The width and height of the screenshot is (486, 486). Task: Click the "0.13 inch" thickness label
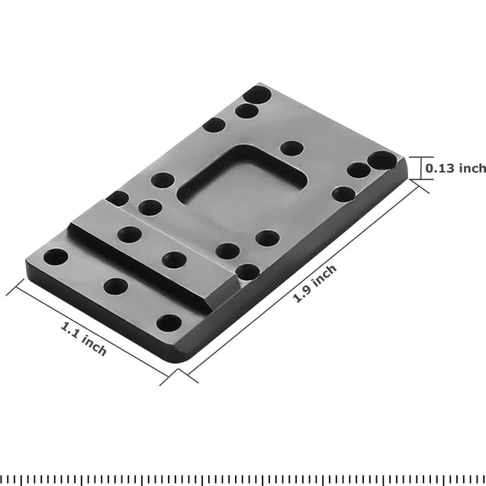tap(455, 168)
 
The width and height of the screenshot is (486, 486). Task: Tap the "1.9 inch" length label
tap(315, 283)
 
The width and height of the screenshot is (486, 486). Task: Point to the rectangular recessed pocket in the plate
tap(243, 187)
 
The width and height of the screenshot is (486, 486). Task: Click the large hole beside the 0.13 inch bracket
tap(379, 161)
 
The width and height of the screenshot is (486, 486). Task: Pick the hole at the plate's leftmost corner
tap(54, 256)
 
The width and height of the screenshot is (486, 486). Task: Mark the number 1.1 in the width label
tap(72, 330)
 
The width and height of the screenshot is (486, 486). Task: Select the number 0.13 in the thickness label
tap(439, 168)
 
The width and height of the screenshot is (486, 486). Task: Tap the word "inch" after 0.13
tap(471, 168)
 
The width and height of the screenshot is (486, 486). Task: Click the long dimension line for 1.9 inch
tap(301, 278)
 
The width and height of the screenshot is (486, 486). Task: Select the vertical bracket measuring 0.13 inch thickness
tap(417, 168)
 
